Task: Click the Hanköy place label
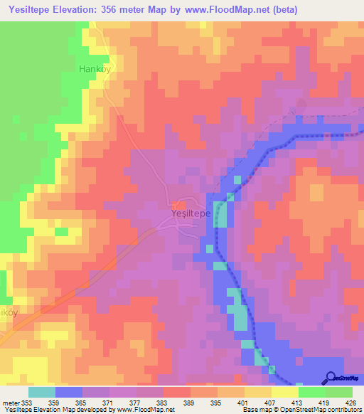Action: pyautogui.click(x=96, y=70)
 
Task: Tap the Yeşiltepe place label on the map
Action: pyautogui.click(x=191, y=213)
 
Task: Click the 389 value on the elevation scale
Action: pyautogui.click(x=189, y=403)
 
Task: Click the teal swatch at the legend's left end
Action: pyautogui.click(x=42, y=392)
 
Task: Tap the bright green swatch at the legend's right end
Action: pyautogui.click(x=338, y=392)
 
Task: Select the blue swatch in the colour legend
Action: pyautogui.click(x=69, y=392)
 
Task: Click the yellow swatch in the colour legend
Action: pyautogui.click(x=284, y=392)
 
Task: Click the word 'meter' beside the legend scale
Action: pyautogui.click(x=10, y=403)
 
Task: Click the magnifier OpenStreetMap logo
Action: pyautogui.click(x=330, y=378)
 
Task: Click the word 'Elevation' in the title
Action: pyautogui.click(x=77, y=9)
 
